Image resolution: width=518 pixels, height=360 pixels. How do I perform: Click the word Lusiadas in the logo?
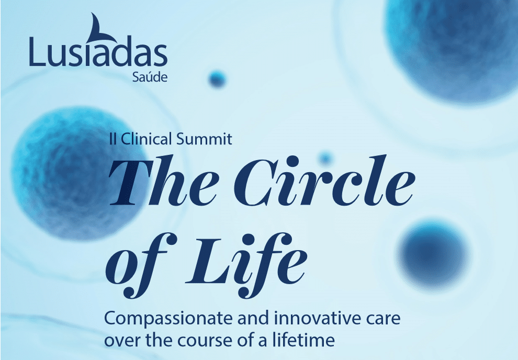(98, 51)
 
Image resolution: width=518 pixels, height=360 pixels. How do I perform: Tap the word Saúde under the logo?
(150, 77)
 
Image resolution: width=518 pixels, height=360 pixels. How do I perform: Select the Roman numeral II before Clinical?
(112, 139)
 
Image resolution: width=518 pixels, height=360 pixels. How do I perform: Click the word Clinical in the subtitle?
(147, 139)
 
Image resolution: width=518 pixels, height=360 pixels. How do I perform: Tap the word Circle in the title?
(324, 181)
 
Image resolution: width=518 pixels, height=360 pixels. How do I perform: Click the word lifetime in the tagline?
(303, 340)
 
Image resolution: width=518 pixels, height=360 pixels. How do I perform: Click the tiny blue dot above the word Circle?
(325, 159)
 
